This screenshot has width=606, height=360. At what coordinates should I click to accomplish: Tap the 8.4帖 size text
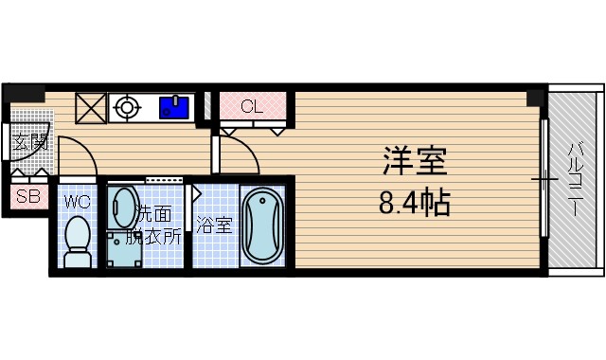tap(415, 202)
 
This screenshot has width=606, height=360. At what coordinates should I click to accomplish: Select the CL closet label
tap(252, 106)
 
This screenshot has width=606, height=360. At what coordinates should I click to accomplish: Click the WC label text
tap(77, 201)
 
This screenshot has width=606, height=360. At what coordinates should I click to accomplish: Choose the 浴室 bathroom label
tap(213, 225)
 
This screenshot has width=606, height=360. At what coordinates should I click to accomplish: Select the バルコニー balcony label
tap(575, 179)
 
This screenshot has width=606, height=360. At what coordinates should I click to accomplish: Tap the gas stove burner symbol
tap(125, 107)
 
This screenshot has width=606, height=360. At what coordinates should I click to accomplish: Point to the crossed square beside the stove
tap(91, 107)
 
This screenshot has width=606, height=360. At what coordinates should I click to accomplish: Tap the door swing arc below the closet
tap(241, 152)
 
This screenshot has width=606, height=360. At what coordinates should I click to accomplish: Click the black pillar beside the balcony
tap(537, 97)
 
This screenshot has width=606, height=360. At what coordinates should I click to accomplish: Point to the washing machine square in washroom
tap(120, 248)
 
